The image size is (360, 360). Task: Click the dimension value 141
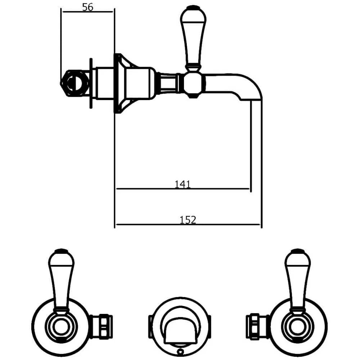[x=182, y=184]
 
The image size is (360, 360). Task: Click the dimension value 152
[x=188, y=220]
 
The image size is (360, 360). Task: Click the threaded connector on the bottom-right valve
[x=257, y=326]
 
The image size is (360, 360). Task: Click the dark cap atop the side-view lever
[x=193, y=8]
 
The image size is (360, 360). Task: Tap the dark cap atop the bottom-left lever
[x=61, y=251]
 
